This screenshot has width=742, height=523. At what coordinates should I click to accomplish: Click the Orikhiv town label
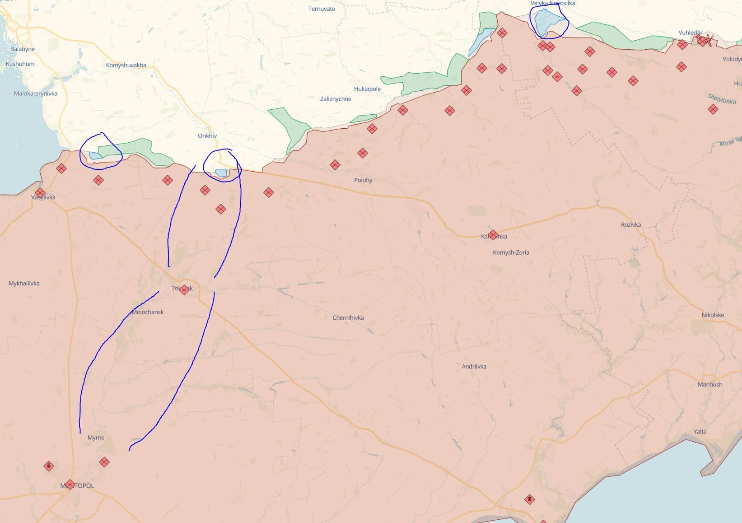(207, 136)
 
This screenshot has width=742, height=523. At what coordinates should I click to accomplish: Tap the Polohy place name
(363, 180)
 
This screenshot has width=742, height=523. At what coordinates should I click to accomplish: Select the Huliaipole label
(367, 89)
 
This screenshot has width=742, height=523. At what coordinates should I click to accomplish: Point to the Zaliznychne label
(336, 99)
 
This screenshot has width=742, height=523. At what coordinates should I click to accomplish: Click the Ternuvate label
(322, 9)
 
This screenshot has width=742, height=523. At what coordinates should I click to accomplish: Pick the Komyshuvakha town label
(126, 65)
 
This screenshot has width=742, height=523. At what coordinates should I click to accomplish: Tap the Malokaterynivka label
(36, 94)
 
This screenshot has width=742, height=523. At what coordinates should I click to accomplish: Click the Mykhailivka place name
(24, 284)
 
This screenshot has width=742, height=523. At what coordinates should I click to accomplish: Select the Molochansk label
(148, 312)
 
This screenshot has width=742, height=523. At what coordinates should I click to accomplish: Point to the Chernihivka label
(348, 318)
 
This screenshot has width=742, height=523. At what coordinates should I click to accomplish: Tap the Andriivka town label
(474, 367)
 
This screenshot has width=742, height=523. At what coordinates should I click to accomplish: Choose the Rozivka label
(630, 225)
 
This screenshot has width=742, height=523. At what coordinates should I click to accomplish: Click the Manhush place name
(709, 385)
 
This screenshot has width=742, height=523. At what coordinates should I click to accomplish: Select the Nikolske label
(713, 315)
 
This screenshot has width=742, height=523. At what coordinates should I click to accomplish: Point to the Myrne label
(96, 438)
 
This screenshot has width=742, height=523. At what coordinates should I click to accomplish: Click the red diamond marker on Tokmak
(184, 290)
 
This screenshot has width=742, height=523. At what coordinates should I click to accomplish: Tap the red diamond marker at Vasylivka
(40, 193)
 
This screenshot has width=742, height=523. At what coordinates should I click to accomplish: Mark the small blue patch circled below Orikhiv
(221, 173)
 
